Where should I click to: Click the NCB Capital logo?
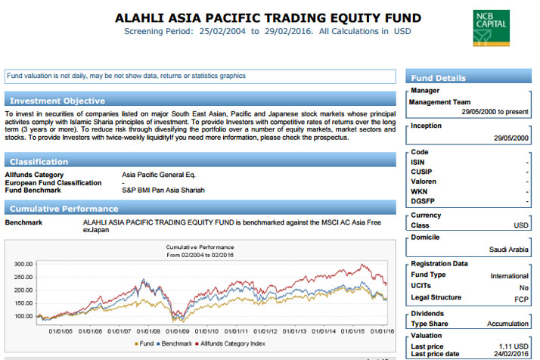coord(491,28)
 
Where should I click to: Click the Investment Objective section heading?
coord(57,101)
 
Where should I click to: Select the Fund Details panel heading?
coord(438,78)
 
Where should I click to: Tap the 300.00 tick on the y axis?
coord(23,264)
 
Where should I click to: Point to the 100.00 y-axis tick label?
coord(23,316)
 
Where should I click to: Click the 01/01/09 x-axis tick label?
coord(178,331)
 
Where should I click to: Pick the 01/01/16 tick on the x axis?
coord(382,331)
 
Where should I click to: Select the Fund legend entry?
coord(144,343)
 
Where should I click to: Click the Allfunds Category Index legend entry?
coord(230,343)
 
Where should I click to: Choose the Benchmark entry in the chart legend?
coord(174,343)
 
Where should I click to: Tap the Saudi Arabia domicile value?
coord(509,250)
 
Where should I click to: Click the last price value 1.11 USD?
coord(514,346)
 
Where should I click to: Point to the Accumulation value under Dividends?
coord(507,324)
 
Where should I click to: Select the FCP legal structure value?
coord(521,299)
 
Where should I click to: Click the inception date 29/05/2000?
coord(511,138)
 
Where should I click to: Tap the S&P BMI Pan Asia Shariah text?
coord(163,190)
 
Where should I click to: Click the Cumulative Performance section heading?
coord(64,209)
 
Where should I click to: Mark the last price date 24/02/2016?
coord(511,354)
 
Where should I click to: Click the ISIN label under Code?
coord(417,163)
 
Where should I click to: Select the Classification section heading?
coord(39,162)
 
